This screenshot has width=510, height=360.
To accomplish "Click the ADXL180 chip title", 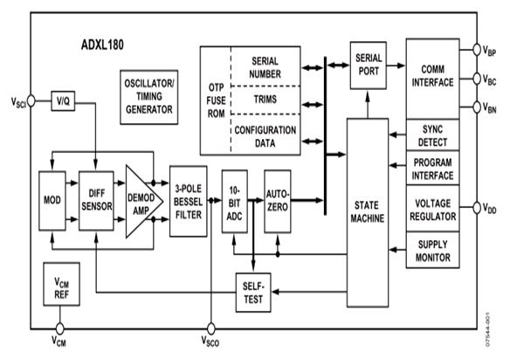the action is click(102, 45).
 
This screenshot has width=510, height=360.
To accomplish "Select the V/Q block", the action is click(63, 100).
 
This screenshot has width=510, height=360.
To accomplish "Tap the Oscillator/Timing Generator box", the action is click(149, 97).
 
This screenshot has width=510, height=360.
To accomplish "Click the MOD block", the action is click(52, 200).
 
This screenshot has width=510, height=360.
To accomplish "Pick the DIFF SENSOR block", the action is click(96, 200).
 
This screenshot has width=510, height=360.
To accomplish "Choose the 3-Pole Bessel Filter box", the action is click(189, 201).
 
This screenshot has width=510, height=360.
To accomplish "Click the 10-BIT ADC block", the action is click(235, 201).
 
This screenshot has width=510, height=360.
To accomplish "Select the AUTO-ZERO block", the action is click(278, 201).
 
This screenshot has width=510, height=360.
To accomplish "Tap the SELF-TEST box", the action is click(253, 293).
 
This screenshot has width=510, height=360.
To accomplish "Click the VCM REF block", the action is click(61, 284).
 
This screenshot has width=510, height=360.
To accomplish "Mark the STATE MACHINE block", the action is click(368, 212).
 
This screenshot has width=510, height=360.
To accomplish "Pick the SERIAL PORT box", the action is click(369, 66).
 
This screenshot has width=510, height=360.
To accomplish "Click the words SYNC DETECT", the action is click(432, 135).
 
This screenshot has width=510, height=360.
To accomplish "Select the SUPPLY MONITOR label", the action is click(433, 251).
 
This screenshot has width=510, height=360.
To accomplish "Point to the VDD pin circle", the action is click(477, 207).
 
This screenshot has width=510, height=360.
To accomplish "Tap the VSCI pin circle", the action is click(31, 100).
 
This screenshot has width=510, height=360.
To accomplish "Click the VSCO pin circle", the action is click(211, 329).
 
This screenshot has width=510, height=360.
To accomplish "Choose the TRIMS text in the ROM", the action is click(265, 100).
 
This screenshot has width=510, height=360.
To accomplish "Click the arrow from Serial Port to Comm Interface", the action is click(396, 66).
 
